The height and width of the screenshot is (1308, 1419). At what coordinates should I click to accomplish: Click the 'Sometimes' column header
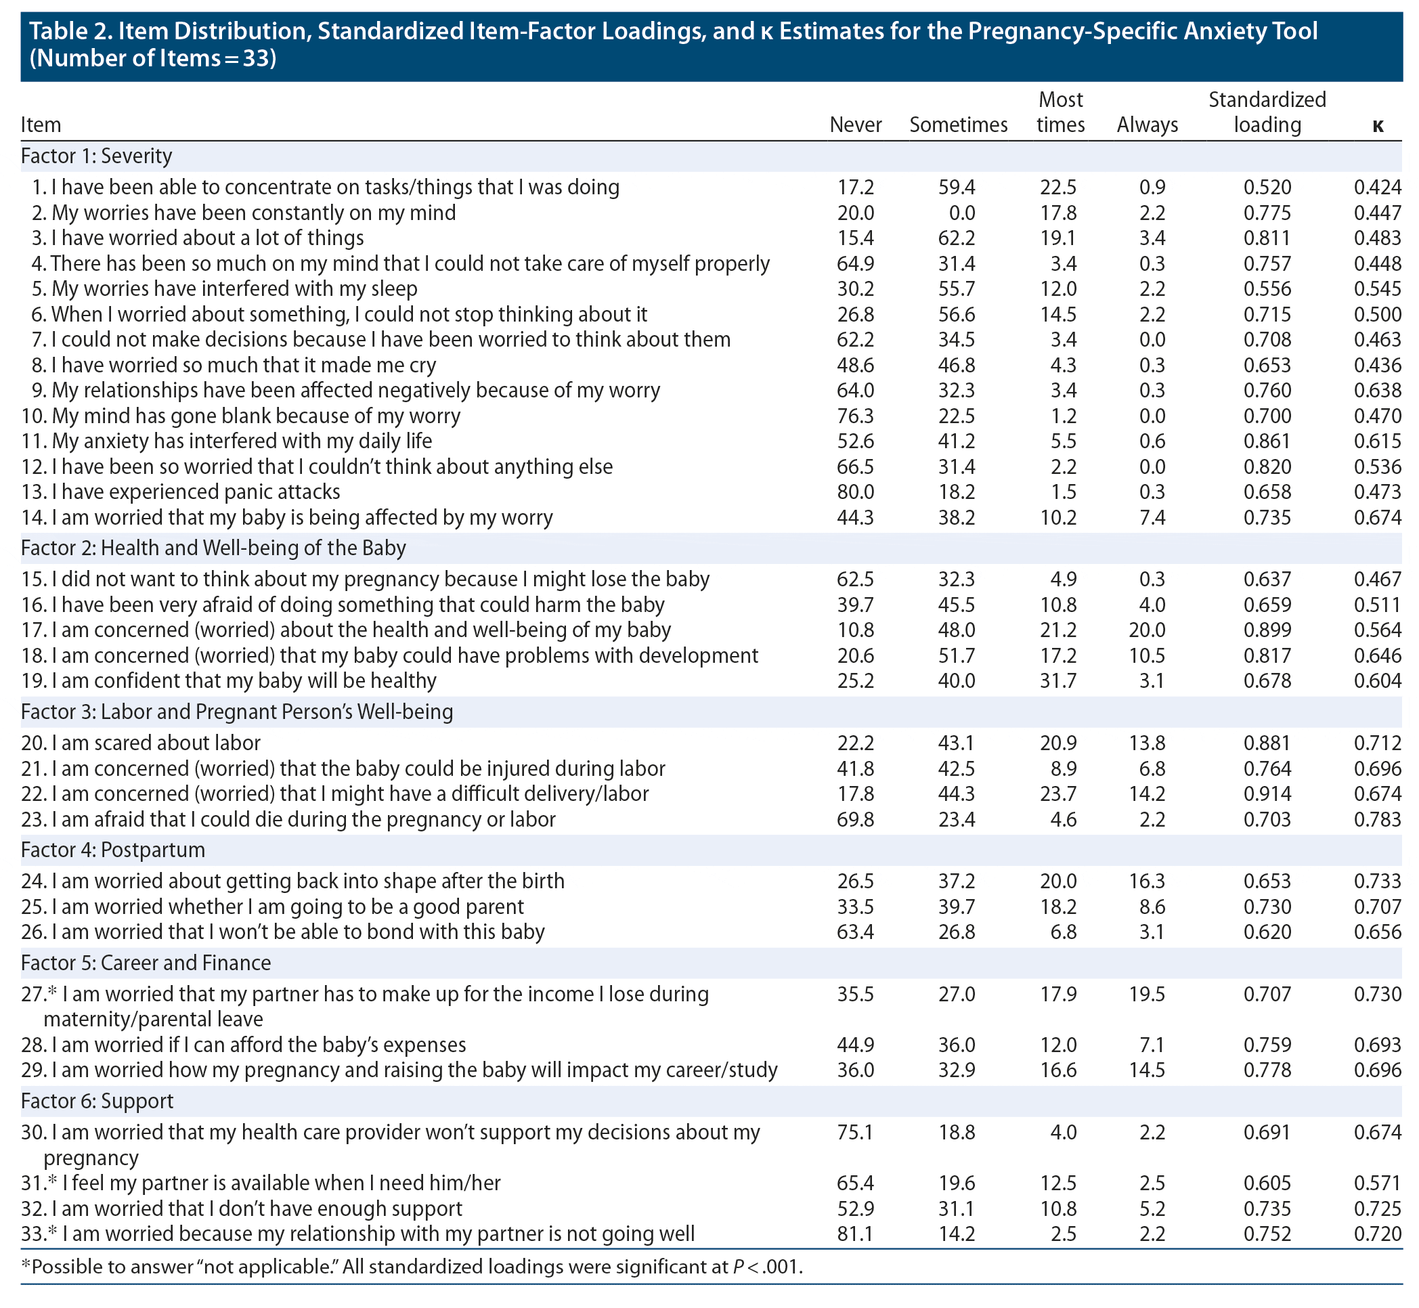(x=957, y=125)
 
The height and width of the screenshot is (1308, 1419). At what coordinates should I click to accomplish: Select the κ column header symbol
(x=1376, y=126)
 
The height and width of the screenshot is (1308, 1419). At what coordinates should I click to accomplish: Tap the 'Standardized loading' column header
(x=1267, y=112)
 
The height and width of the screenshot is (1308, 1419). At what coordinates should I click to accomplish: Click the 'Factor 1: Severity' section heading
(x=96, y=156)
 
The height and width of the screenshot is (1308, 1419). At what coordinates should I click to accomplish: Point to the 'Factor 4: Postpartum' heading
(x=113, y=850)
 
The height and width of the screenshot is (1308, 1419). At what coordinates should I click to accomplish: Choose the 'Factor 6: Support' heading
(x=97, y=1101)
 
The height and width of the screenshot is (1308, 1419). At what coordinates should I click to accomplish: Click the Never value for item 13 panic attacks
(x=855, y=492)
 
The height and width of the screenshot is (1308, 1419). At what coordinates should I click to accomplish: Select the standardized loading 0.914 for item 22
(x=1267, y=793)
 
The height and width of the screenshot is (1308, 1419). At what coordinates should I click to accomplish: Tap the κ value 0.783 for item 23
(x=1377, y=819)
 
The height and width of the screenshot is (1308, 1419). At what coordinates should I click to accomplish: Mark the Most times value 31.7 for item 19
(x=1058, y=680)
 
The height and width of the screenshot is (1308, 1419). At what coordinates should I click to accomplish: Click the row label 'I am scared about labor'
(x=156, y=743)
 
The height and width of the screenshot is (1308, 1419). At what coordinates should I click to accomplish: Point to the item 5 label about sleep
(x=234, y=289)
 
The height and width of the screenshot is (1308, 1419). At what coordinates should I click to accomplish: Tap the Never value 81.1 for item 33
(x=855, y=1234)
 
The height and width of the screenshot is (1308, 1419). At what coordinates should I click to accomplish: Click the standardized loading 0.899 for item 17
(x=1267, y=630)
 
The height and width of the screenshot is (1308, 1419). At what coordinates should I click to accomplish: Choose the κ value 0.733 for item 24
(x=1377, y=881)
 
